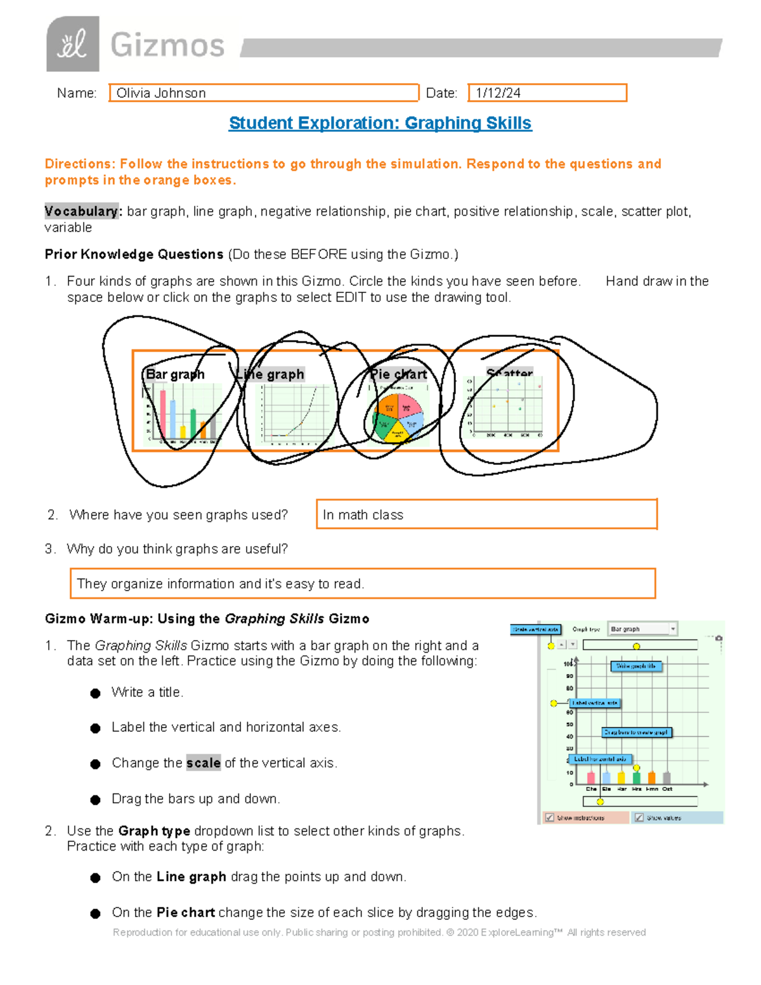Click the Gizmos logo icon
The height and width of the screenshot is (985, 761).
point(72,44)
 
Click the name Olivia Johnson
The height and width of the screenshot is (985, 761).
point(161,93)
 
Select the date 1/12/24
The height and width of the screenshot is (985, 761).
point(498,93)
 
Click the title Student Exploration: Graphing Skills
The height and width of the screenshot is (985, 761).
point(380,123)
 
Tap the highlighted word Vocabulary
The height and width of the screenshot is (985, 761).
point(81,211)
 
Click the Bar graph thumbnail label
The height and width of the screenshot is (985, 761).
point(175,374)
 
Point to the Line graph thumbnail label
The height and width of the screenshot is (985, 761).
point(271,374)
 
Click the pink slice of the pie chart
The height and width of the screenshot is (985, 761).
point(409,406)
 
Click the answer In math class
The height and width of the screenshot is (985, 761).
point(363,515)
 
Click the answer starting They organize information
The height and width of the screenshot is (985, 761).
point(220,584)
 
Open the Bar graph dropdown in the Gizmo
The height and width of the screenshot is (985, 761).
point(642,629)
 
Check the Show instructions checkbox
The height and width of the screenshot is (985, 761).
point(550,818)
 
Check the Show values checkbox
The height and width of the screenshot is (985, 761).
point(639,818)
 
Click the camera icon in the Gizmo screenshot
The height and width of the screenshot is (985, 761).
point(719,638)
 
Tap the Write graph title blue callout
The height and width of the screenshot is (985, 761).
point(636,666)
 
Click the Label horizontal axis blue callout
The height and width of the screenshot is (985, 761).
point(599,759)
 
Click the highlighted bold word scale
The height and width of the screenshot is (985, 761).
point(203,763)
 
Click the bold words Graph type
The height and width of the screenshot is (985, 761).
point(154,831)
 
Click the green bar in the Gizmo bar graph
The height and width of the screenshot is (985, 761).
point(636,778)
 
